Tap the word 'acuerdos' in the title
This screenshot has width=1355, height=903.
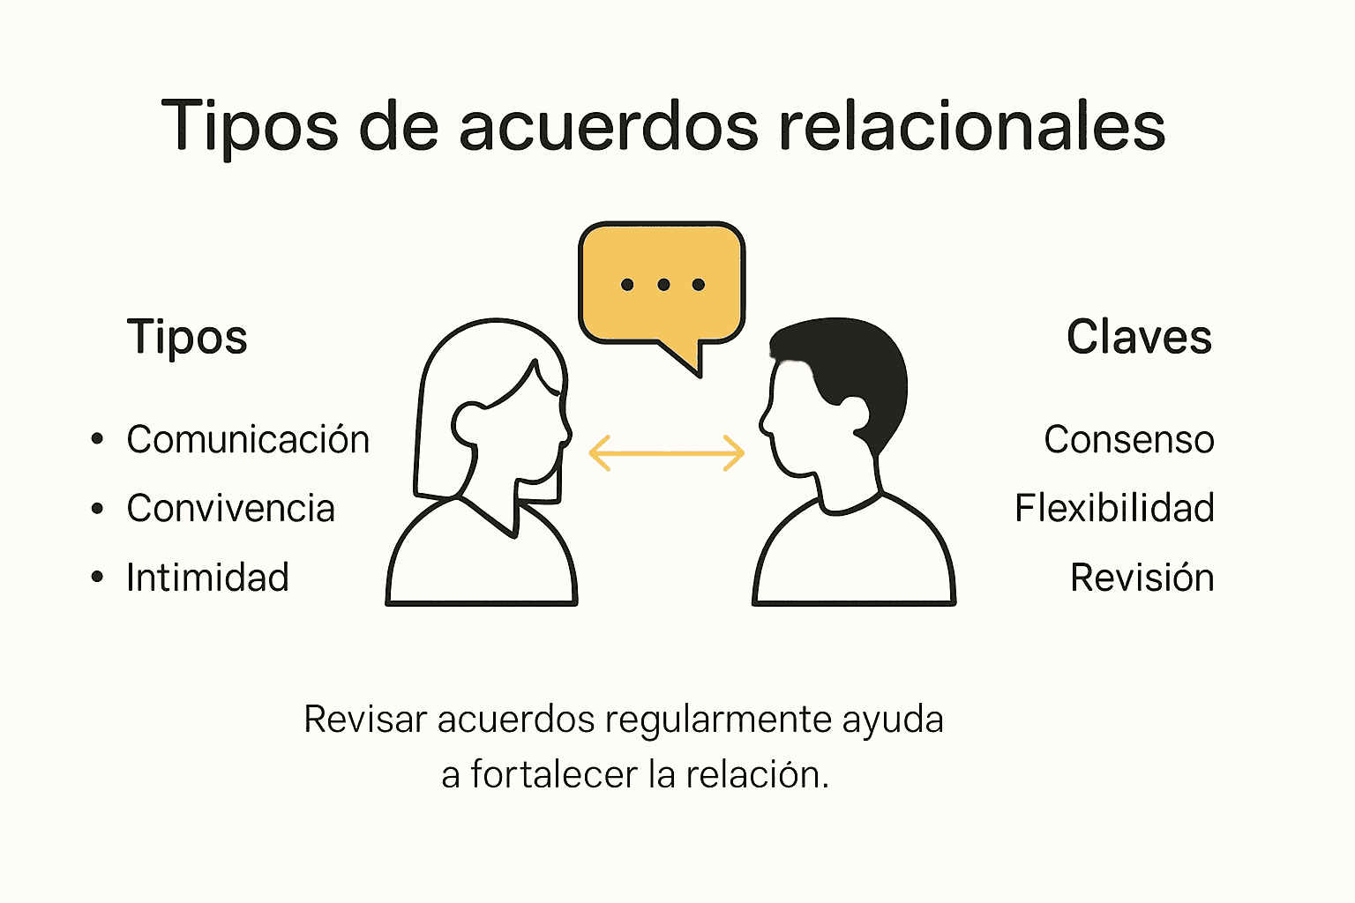point(608,126)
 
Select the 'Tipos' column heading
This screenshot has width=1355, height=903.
point(187,338)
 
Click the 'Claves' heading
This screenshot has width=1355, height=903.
point(1139,338)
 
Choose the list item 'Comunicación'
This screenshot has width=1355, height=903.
point(248,440)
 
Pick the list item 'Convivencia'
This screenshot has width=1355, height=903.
point(230,509)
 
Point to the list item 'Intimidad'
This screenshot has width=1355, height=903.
point(207,578)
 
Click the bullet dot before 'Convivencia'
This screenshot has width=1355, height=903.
point(97,509)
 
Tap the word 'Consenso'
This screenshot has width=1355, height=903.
point(1128,440)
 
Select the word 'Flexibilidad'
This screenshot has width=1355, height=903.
point(1114,509)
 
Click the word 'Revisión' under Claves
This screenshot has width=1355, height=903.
point(1142,578)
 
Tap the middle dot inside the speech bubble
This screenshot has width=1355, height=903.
point(663,285)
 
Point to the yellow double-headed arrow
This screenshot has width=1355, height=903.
point(666,453)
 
